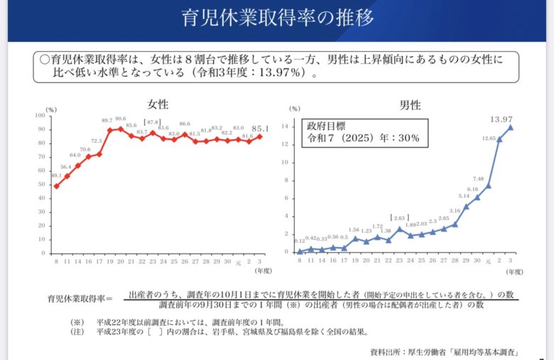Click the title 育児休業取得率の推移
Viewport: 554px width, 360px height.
277,18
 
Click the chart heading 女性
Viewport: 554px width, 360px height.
158,104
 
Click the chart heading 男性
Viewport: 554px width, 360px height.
411,105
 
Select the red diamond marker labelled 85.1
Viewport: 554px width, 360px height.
260,136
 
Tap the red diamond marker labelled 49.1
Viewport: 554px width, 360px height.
56,186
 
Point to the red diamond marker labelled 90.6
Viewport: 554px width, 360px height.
121,129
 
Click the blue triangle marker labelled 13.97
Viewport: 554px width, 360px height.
510,127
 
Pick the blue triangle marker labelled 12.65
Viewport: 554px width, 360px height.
499,139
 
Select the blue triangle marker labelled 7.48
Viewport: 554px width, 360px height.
488,185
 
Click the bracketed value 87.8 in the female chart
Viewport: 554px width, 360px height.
153,122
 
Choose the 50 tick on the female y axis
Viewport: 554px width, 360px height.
43,185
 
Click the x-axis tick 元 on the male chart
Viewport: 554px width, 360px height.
488,261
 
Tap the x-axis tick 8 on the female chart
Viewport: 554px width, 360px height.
56,261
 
